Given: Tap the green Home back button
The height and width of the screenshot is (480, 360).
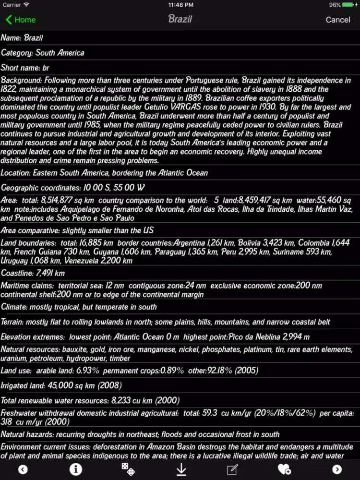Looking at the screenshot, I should [21, 20].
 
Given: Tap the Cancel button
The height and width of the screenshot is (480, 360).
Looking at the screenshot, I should [338, 20].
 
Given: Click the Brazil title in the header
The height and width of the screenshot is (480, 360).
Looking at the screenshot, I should [180, 19].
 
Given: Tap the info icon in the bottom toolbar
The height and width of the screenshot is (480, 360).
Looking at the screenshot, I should [76, 469].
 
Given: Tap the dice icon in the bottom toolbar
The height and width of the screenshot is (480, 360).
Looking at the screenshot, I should [128, 469].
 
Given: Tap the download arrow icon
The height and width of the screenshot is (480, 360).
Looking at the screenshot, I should [181, 469].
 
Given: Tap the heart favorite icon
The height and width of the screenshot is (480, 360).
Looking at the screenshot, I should [284, 469].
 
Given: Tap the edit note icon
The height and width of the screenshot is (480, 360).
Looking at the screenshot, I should [232, 469].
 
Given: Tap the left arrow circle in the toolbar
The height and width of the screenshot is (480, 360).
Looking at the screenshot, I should [23, 469].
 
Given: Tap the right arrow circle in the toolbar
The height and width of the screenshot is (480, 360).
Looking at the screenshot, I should [337, 469].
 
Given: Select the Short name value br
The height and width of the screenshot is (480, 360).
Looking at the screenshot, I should [46, 68].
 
